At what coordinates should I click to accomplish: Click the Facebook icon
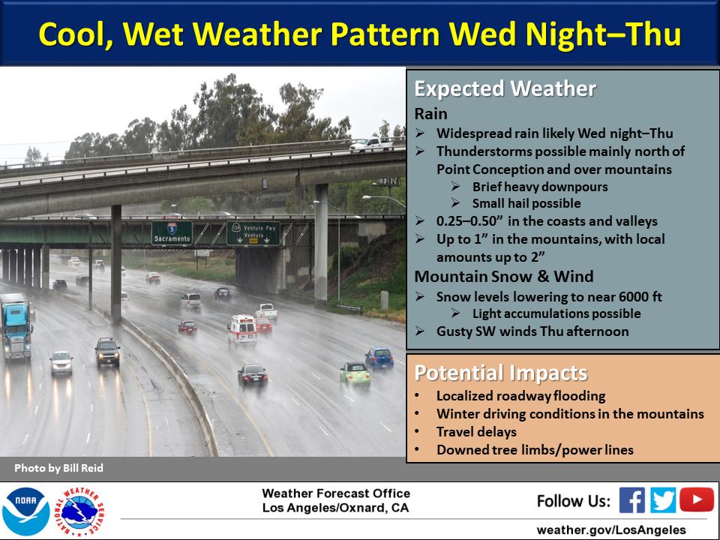click(631, 499)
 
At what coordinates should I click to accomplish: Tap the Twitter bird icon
click(662, 499)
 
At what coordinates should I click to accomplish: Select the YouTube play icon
click(697, 499)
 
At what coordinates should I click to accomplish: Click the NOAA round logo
click(26, 511)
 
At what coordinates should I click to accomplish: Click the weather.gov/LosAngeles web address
click(610, 529)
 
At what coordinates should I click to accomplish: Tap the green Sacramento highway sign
click(172, 232)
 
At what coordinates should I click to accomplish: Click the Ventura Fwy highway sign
click(253, 233)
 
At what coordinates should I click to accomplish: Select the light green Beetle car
click(355, 374)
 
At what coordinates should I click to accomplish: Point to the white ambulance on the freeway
click(242, 330)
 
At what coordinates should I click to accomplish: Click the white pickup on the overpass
click(371, 144)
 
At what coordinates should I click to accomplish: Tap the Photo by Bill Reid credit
click(58, 468)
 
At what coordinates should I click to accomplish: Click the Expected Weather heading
click(505, 88)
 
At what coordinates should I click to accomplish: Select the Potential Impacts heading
click(501, 373)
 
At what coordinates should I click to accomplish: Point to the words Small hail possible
click(526, 203)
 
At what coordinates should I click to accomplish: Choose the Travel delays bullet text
click(477, 432)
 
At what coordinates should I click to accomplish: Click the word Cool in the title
click(76, 34)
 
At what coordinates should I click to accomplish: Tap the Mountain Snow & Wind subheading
click(504, 277)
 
